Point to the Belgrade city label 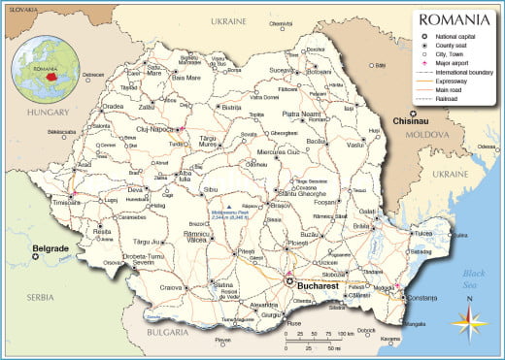tap(50, 248)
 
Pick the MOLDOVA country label tap(422, 135)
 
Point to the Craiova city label tap(172, 287)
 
